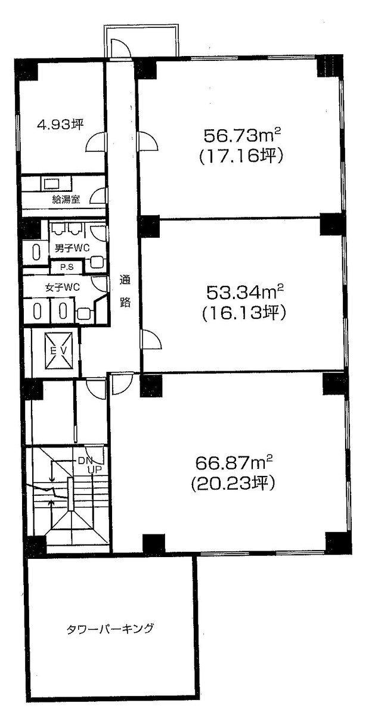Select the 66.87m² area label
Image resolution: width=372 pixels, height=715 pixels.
[234, 462]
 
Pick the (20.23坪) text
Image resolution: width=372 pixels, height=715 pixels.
[233, 483]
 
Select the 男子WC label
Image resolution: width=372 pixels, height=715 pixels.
[68, 247]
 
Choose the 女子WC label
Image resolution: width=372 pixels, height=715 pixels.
[63, 287]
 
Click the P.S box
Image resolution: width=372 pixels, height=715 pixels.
[66, 268]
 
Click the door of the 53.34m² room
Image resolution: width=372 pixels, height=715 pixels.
[150, 341]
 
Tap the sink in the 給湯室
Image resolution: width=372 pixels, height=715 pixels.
[51, 183]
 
